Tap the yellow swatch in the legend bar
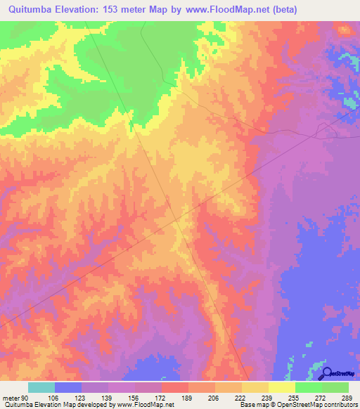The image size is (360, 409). click(x=282, y=388)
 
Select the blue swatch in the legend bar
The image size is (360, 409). click(x=68, y=388)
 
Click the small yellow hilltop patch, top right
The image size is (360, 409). click(x=344, y=30)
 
